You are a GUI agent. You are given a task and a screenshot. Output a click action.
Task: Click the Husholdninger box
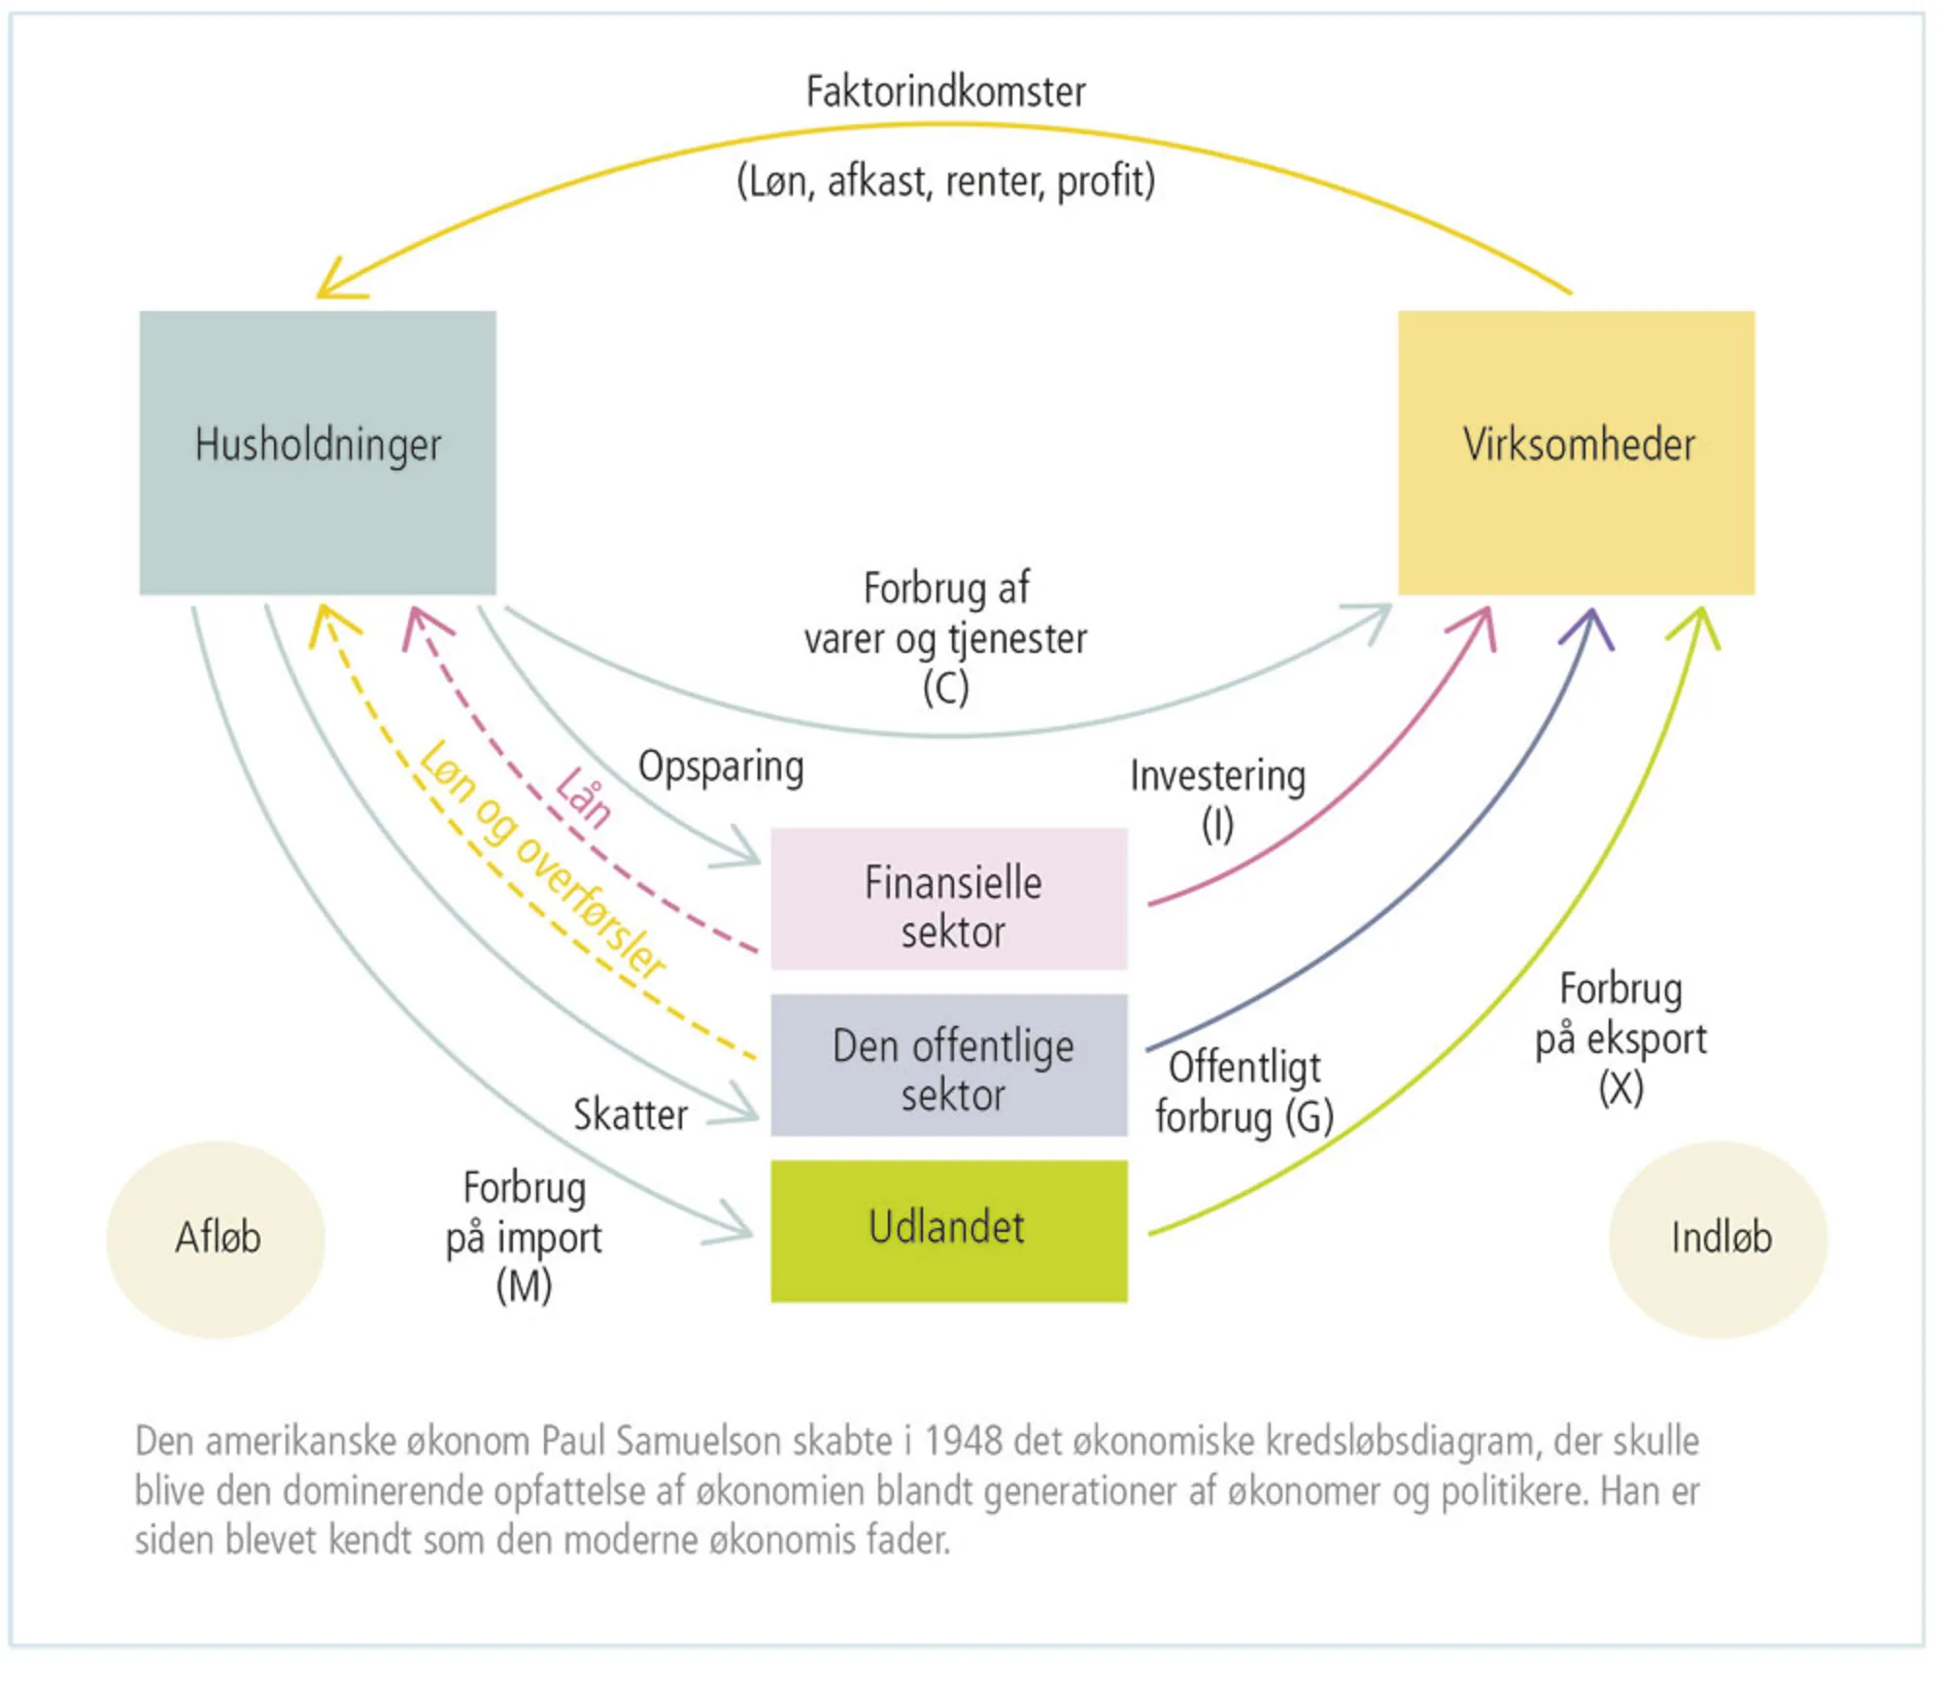pyautogui.click(x=318, y=453)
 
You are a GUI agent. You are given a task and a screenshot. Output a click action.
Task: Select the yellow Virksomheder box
pyautogui.click(x=1576, y=453)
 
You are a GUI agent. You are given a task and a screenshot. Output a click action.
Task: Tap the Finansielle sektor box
pyautogui.click(x=949, y=899)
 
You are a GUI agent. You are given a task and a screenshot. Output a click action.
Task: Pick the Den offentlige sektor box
pyautogui.click(x=949, y=1065)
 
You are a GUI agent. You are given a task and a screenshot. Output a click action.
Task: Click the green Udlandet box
pyautogui.click(x=949, y=1230)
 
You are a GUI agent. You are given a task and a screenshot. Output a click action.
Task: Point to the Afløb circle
pyautogui.click(x=216, y=1239)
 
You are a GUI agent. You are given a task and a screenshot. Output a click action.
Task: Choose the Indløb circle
pyautogui.click(x=1718, y=1239)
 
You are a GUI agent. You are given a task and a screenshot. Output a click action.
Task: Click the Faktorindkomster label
pyautogui.click(x=945, y=92)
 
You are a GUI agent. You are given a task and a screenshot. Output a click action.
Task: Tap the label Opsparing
pyautogui.click(x=721, y=766)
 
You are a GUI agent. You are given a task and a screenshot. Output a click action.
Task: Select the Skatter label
pyautogui.click(x=631, y=1114)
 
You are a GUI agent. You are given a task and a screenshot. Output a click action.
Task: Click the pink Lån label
pyautogui.click(x=584, y=798)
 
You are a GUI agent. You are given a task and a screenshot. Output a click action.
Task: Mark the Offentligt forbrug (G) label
pyautogui.click(x=1244, y=1092)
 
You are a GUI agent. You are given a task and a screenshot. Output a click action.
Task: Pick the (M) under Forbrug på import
pyautogui.click(x=524, y=1286)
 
